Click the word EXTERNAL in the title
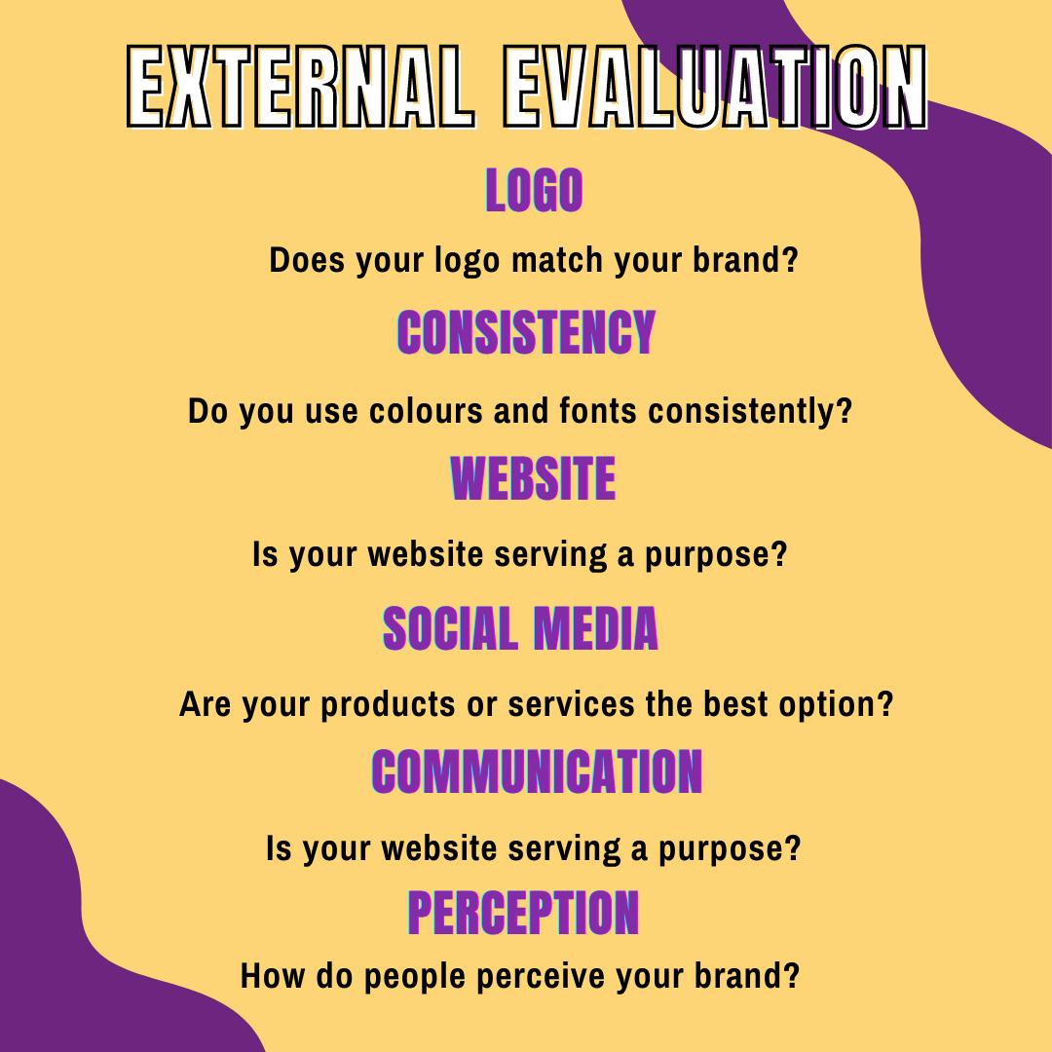(299, 87)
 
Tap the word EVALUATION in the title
(713, 87)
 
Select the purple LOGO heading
(534, 190)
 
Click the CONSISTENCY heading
(526, 333)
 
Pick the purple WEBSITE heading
(533, 478)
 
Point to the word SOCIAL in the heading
(450, 628)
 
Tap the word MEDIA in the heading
(595, 628)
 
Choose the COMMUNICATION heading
(537, 772)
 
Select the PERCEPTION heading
(523, 913)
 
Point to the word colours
(428, 411)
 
